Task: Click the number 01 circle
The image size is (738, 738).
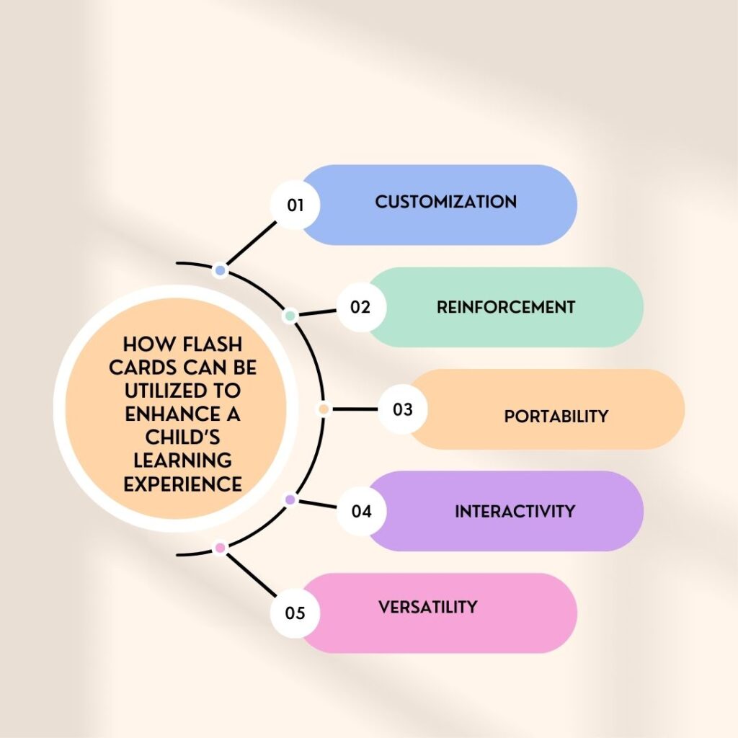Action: click(x=295, y=205)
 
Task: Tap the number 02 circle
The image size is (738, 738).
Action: click(x=361, y=307)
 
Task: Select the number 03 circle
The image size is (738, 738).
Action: click(x=402, y=409)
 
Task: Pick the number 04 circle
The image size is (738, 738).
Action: click(x=361, y=512)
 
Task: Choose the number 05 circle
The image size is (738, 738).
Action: click(x=295, y=613)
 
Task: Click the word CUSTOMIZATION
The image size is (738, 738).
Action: click(x=445, y=202)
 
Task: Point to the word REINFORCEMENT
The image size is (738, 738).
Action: click(x=505, y=307)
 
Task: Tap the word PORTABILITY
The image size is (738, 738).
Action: click(x=556, y=417)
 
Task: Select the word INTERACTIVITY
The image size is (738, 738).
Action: click(x=515, y=512)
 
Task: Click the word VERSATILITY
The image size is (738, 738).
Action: click(x=427, y=607)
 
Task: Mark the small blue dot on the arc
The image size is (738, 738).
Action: click(x=221, y=270)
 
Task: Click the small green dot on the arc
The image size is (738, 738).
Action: click(x=290, y=316)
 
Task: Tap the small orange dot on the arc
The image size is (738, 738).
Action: click(x=324, y=409)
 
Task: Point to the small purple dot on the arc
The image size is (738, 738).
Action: click(x=290, y=499)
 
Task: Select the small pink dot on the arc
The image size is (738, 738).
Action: click(x=221, y=548)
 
